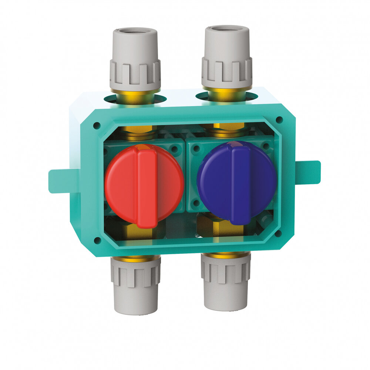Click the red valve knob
[x=122, y=185]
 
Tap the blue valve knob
[x=215, y=181]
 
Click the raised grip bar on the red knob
[x=147, y=187]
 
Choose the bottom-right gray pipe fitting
[x=226, y=283]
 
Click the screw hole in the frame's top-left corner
[x=97, y=126]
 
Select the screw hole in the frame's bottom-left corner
[x=97, y=240]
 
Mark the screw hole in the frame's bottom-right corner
[x=278, y=233]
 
